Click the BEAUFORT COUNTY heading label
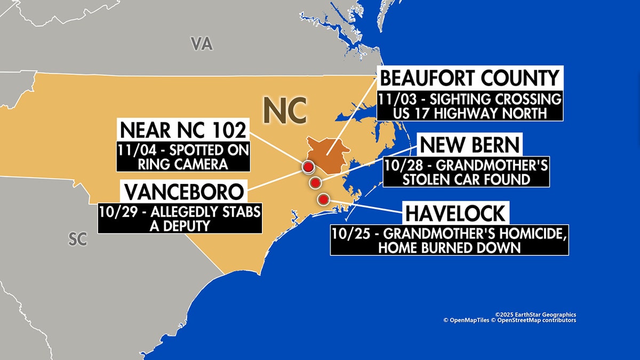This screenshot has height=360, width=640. point(470,78)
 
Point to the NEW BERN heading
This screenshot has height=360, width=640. point(469,145)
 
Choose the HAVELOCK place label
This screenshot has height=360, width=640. point(455,213)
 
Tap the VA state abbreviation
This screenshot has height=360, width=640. point(202,44)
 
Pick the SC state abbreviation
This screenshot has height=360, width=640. point(77,239)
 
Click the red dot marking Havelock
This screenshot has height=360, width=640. point(323,199)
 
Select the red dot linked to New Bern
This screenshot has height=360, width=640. point(315,183)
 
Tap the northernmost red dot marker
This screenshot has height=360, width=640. point(308,167)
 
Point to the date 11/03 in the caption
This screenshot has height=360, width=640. point(394,99)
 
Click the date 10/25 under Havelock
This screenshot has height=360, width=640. point(350,233)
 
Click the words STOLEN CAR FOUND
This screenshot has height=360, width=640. point(466,179)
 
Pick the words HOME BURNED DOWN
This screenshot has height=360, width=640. point(449,247)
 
